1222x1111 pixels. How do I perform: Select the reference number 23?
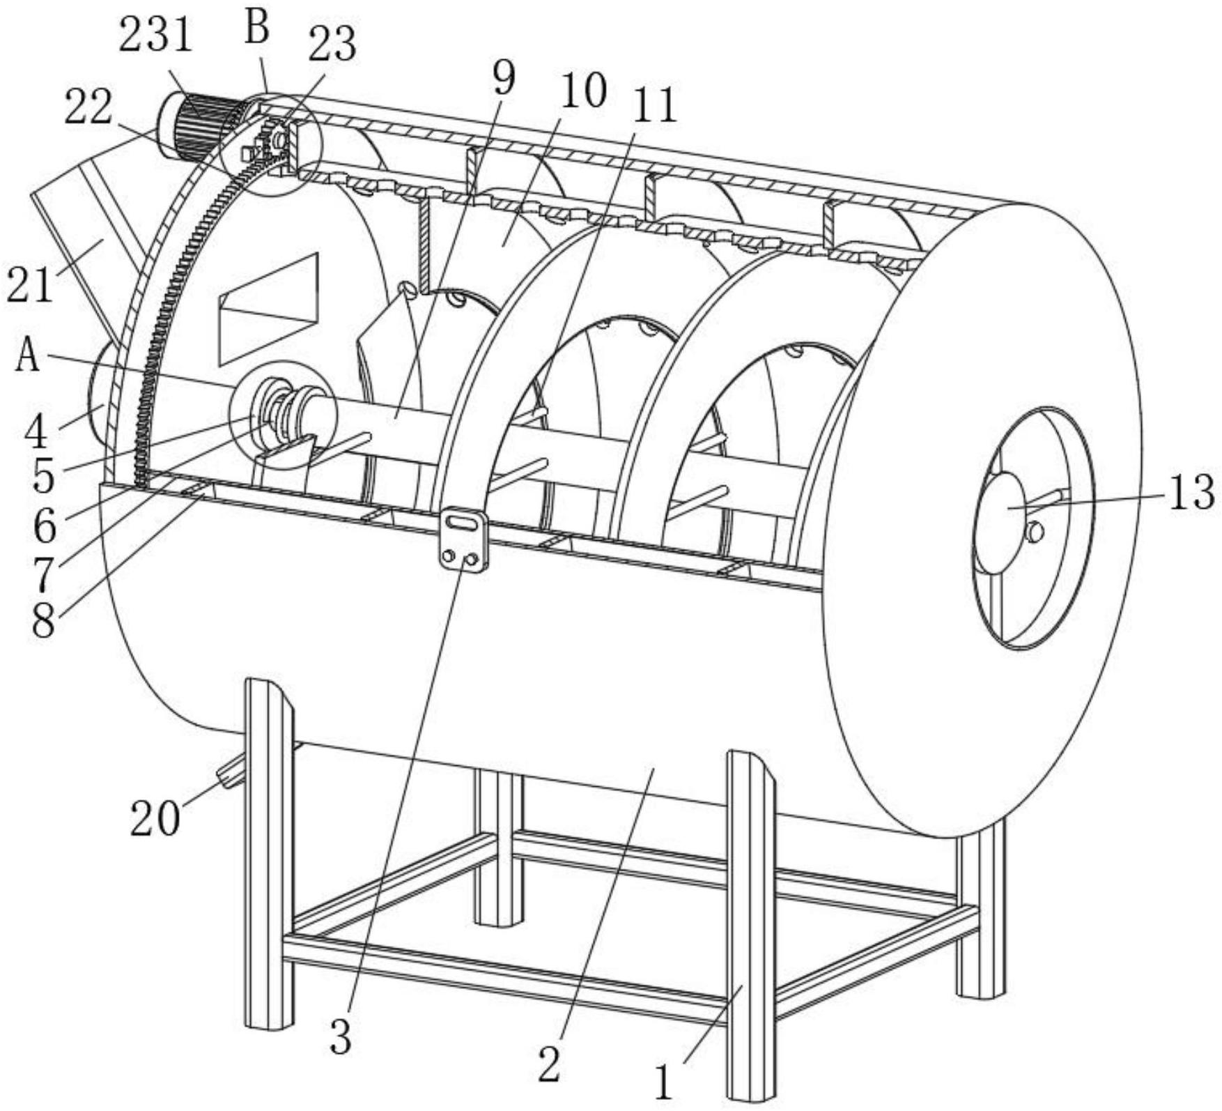[332, 45]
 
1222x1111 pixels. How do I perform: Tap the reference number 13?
[1191, 492]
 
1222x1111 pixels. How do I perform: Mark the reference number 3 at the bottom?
[341, 1038]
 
